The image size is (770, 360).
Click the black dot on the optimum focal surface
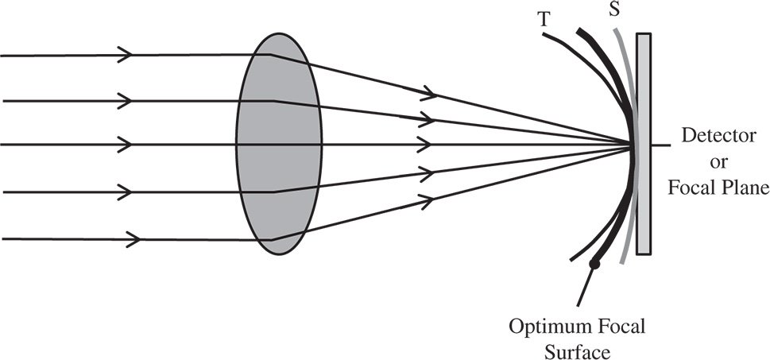point(593,264)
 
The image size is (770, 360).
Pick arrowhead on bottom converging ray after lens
point(430,195)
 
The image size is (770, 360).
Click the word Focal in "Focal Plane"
point(698,188)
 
